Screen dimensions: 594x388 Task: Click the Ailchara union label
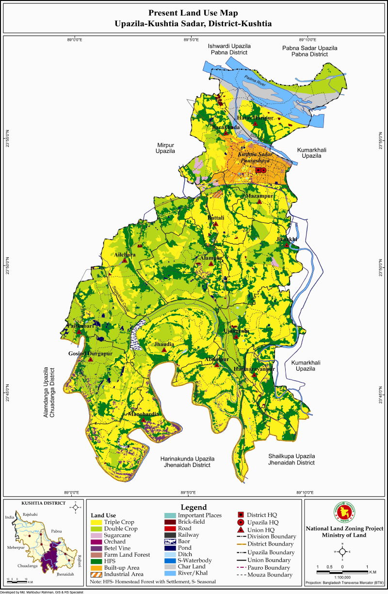coord(125,254)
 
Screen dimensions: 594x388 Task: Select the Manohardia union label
coord(144,414)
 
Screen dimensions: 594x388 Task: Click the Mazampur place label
coord(260,196)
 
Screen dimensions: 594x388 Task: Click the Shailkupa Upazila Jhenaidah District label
coord(292,460)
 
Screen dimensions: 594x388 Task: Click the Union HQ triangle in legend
coord(241,529)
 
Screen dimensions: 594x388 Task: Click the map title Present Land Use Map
coord(194,13)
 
